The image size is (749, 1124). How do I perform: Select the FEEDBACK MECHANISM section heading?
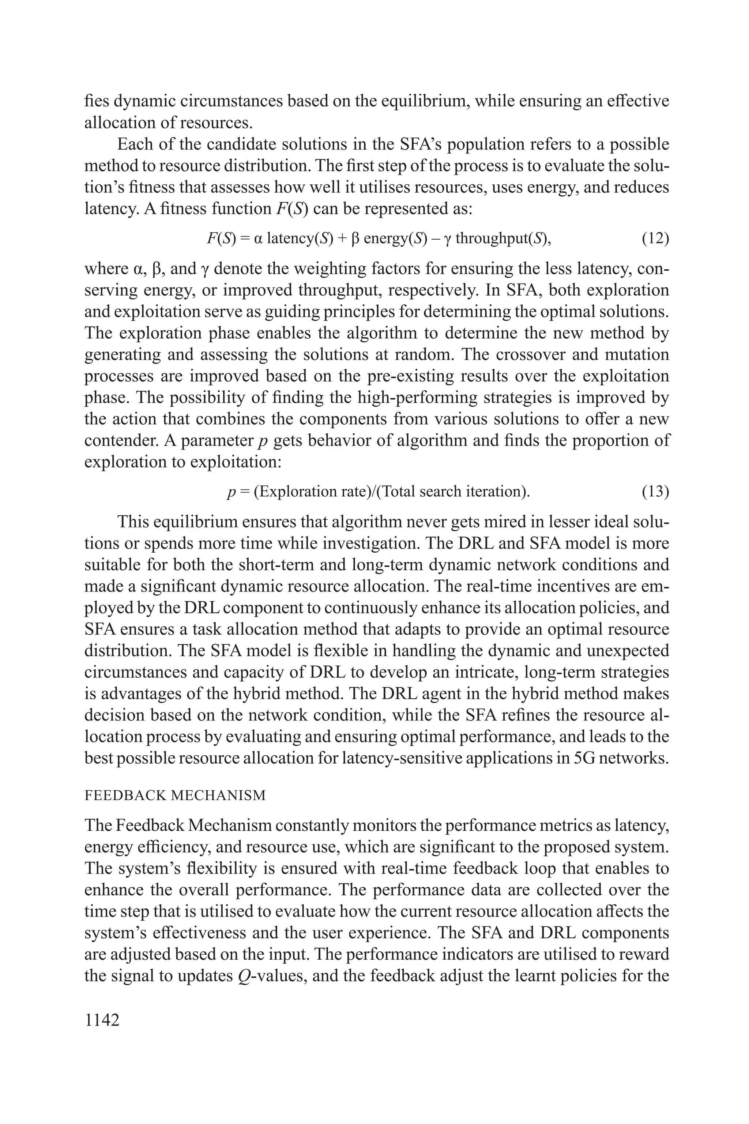pyautogui.click(x=175, y=795)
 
